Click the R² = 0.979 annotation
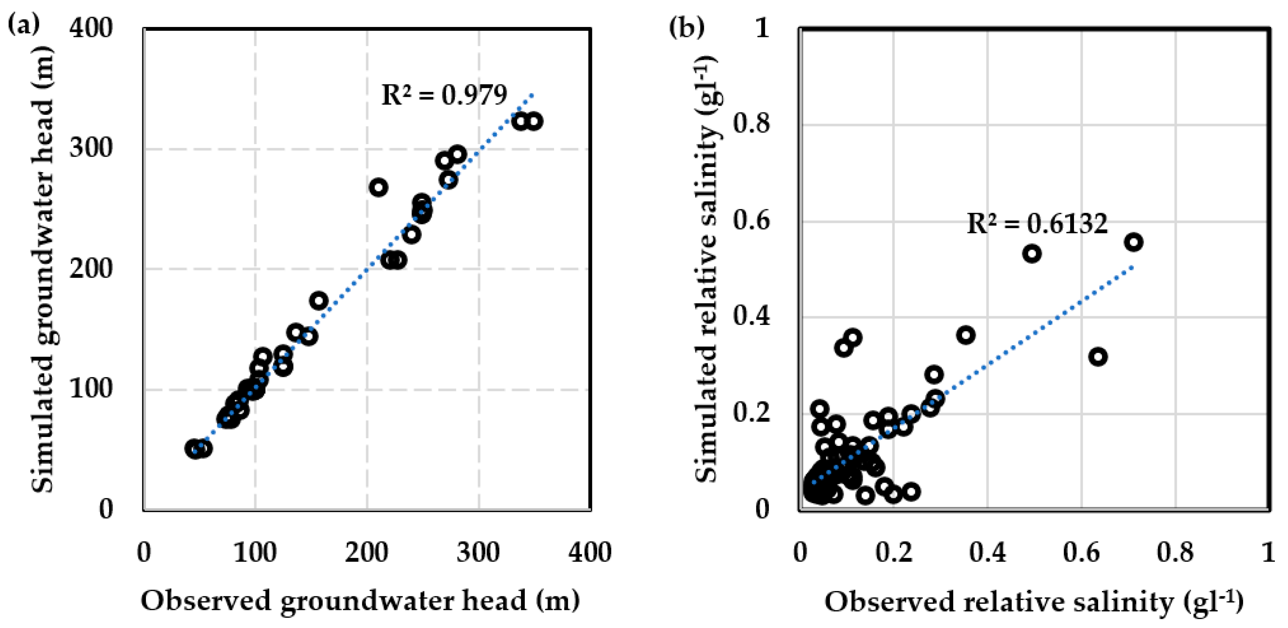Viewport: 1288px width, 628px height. (x=444, y=95)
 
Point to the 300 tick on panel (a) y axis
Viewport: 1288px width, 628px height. (x=91, y=148)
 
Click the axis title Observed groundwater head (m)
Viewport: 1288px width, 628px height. (x=360, y=600)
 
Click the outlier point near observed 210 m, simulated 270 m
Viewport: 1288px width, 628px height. (x=378, y=188)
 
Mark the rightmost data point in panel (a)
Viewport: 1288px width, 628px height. (x=534, y=122)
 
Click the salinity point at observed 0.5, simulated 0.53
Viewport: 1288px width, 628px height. (x=1032, y=254)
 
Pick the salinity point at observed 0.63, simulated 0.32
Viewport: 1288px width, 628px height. (x=1097, y=357)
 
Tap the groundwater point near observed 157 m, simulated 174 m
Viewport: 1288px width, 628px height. (x=319, y=301)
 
